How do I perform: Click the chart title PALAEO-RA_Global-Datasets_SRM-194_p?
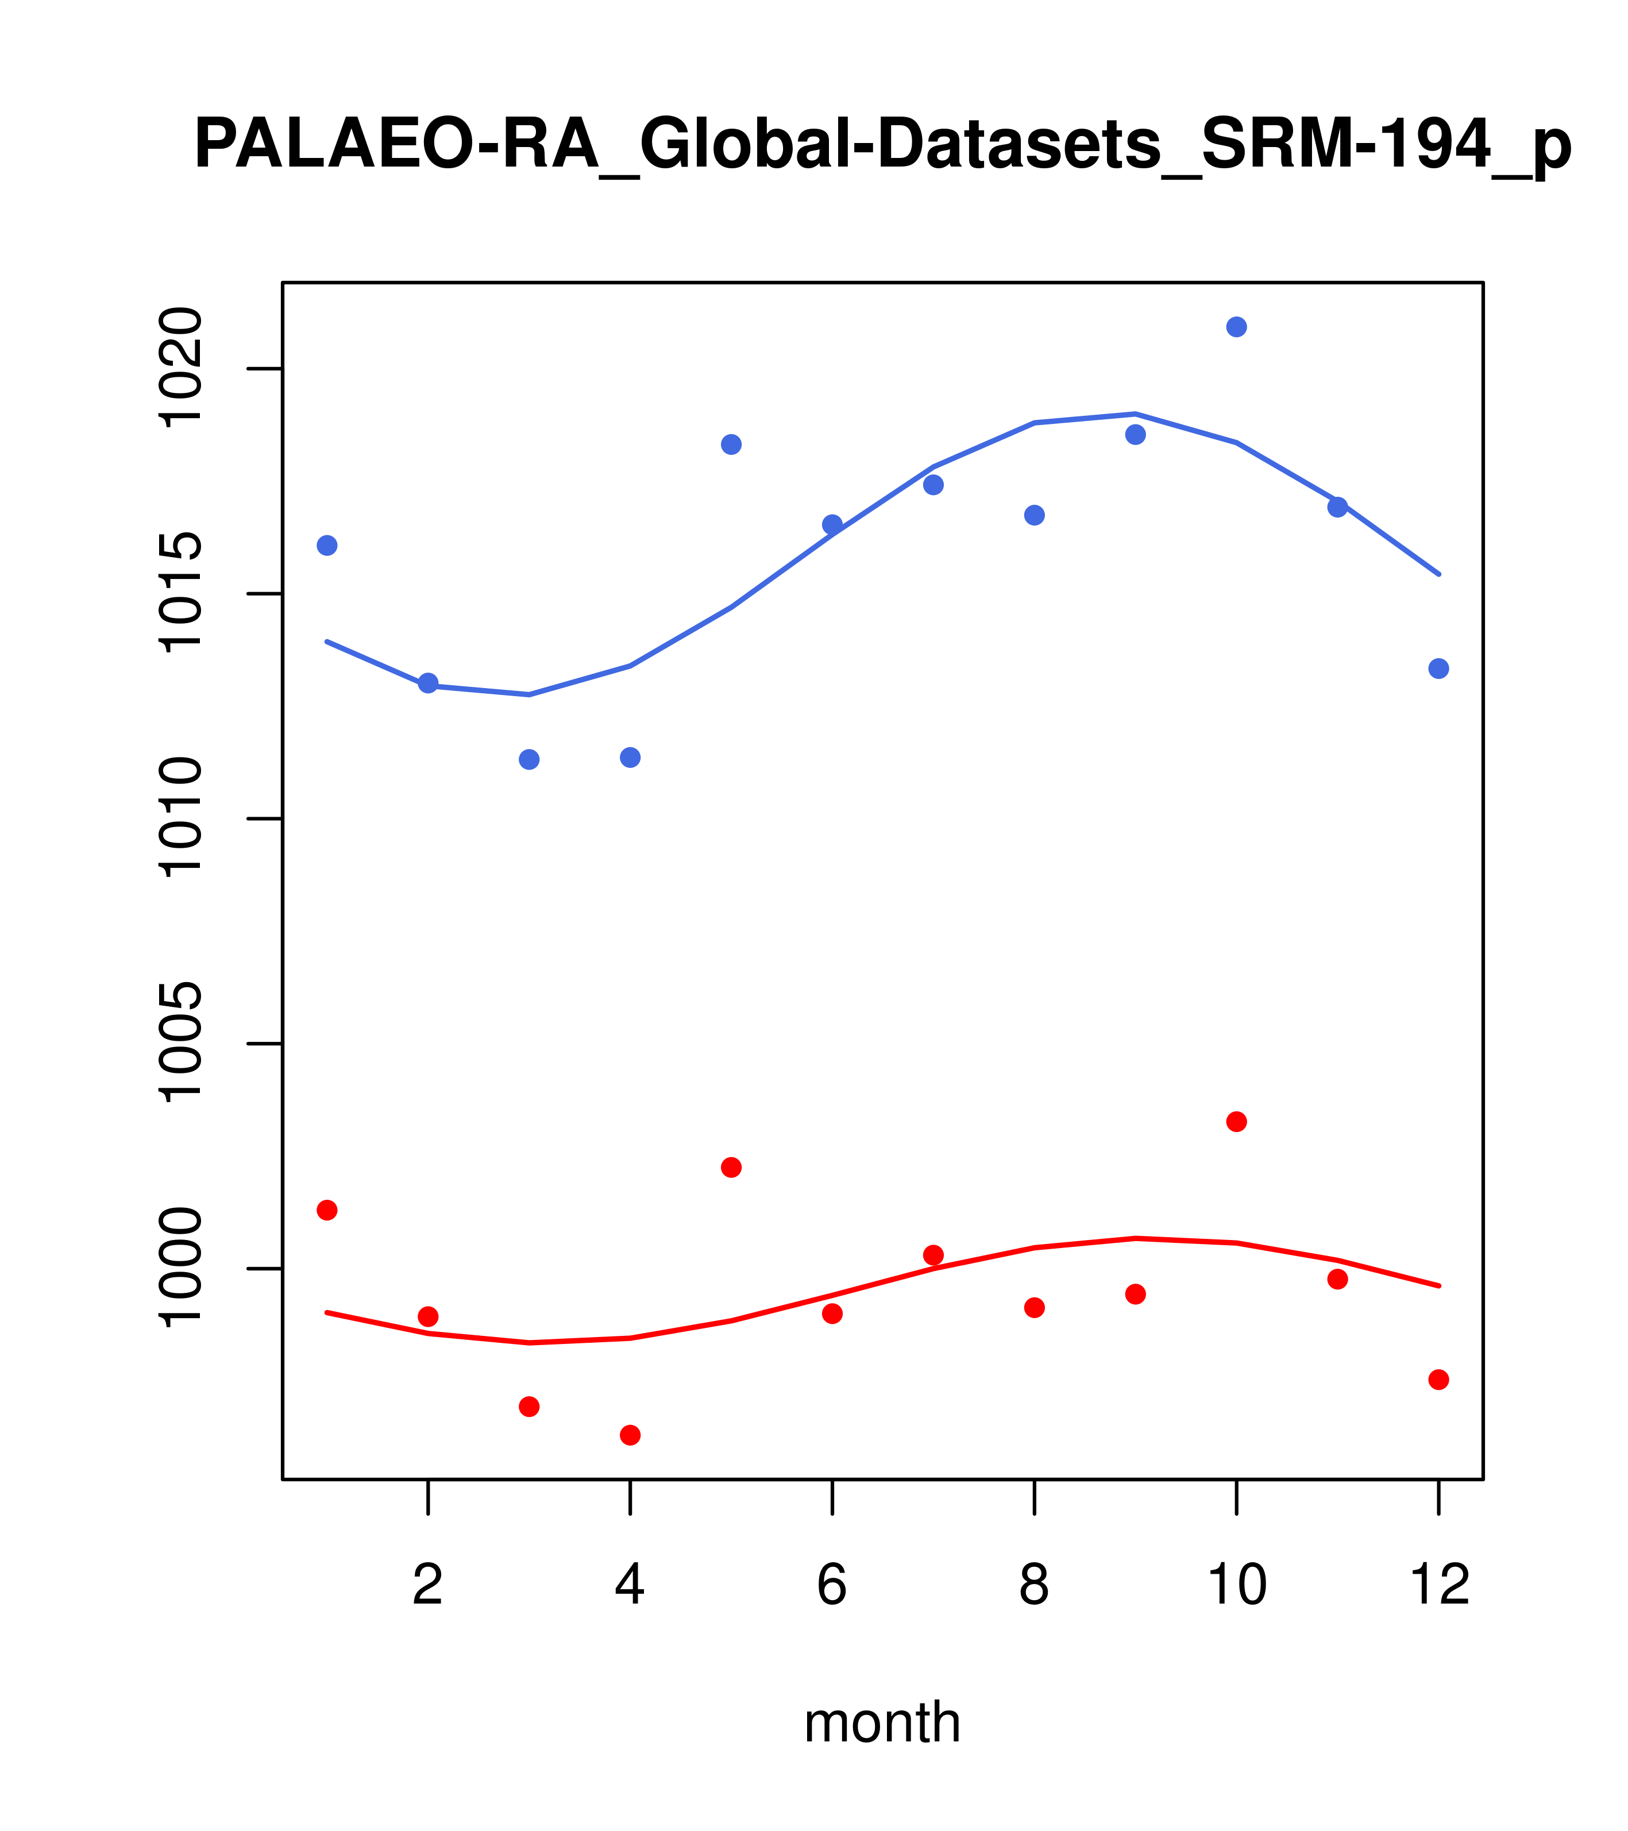[x=882, y=145]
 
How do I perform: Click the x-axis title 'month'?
[x=882, y=1722]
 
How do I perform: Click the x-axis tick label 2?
[x=429, y=1585]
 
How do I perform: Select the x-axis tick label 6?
[x=832, y=1585]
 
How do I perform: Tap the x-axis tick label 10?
[x=1236, y=1585]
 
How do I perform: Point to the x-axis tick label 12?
[x=1439, y=1585]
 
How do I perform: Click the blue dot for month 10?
[x=1236, y=327]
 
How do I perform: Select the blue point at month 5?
[x=731, y=445]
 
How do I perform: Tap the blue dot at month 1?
[x=327, y=546]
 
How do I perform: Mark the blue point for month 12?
[x=1439, y=669]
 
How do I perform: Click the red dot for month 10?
[x=1236, y=1122]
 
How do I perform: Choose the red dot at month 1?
[x=327, y=1210]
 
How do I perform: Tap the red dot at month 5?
[x=731, y=1167]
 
